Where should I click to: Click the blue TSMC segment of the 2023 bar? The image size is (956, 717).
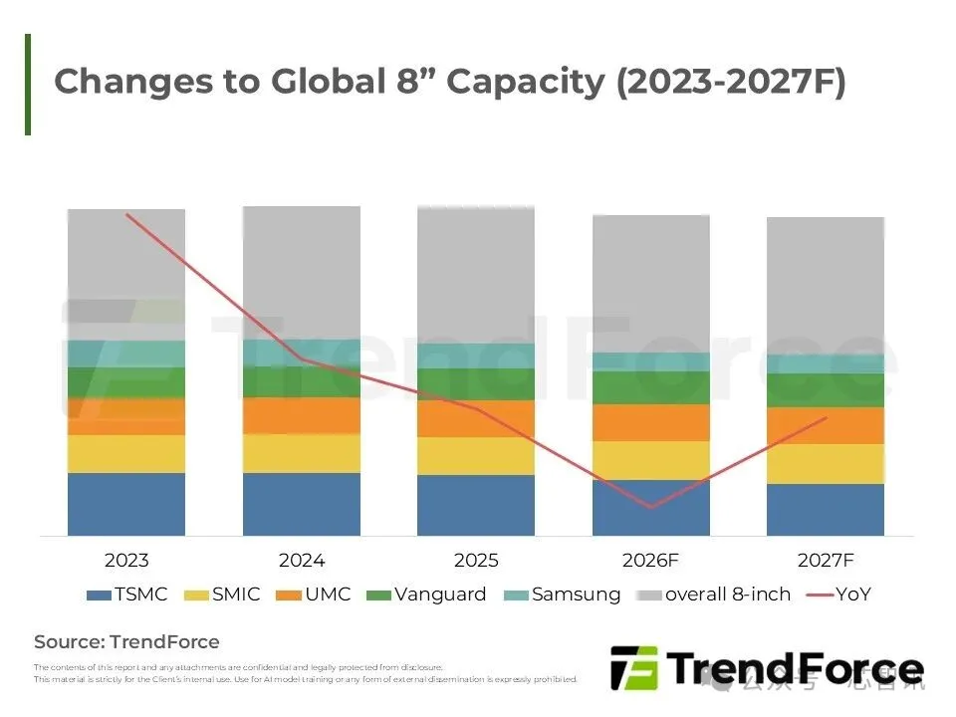[x=126, y=504]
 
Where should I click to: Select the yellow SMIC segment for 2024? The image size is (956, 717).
[x=302, y=453]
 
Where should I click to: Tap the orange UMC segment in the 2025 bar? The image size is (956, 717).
[x=476, y=419]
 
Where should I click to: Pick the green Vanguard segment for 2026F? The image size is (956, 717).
[x=650, y=387]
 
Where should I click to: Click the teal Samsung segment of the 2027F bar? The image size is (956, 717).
[x=826, y=364]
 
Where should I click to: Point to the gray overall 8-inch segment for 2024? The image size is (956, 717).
[x=302, y=272]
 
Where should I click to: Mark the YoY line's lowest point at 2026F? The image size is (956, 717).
[x=651, y=508]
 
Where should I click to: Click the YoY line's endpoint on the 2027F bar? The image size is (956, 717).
[x=826, y=418]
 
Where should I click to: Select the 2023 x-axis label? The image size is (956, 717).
[x=126, y=561]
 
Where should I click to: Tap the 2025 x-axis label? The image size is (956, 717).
[x=476, y=561]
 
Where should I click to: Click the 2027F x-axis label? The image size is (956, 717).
[x=826, y=561]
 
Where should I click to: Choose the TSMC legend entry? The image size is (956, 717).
[x=127, y=595]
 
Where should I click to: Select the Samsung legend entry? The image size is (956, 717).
[x=564, y=595]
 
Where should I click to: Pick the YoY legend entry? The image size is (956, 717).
[x=838, y=595]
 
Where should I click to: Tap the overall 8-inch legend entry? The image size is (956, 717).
[x=714, y=595]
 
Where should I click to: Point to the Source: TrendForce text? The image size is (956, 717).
[x=126, y=642]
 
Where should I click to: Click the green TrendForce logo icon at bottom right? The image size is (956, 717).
[x=632, y=668]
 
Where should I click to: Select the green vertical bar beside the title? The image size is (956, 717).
[x=28, y=84]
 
